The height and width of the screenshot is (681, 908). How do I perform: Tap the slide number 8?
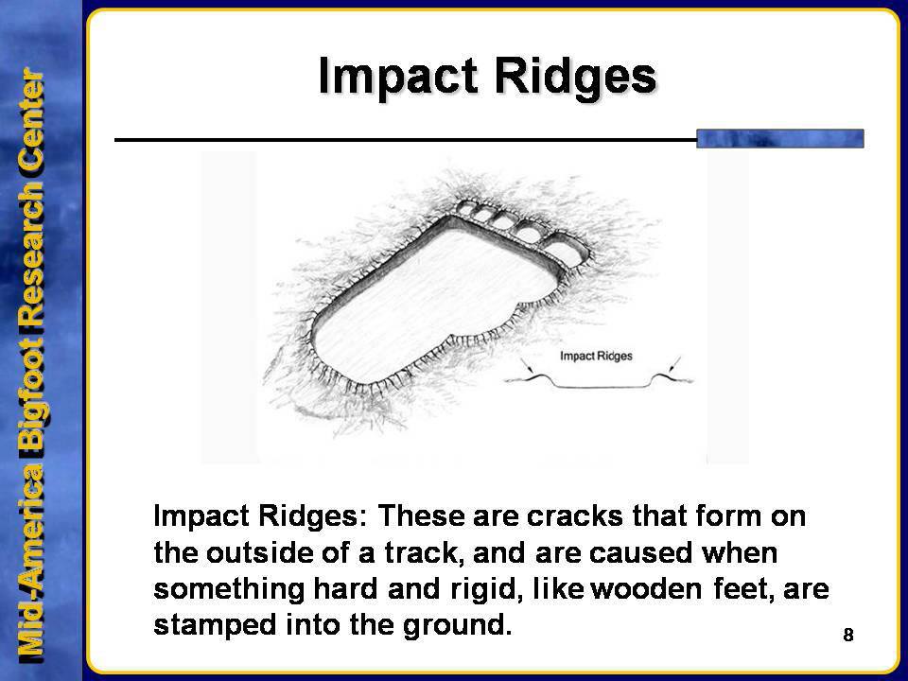847,635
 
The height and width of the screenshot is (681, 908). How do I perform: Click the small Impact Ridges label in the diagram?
596,357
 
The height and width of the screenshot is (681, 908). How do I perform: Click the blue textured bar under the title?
780,138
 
